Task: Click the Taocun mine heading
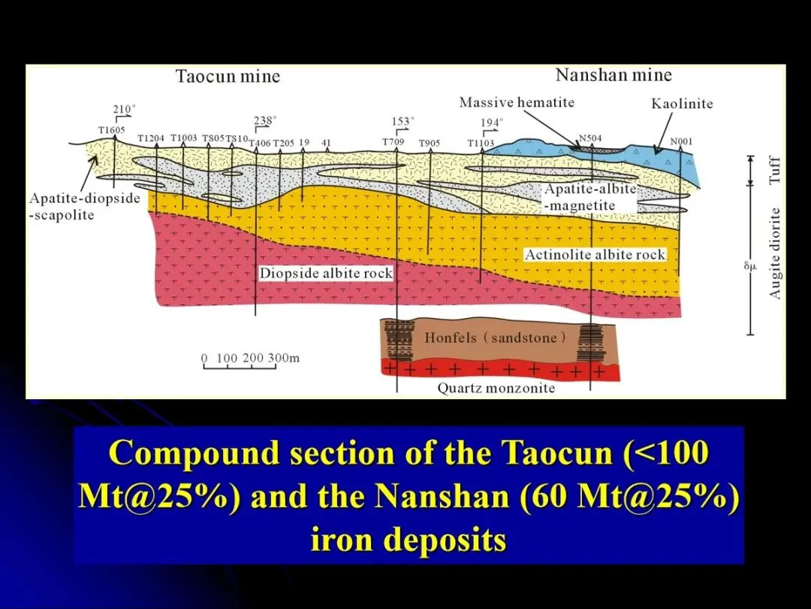pyautogui.click(x=228, y=76)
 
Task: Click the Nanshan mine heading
pyautogui.click(x=614, y=75)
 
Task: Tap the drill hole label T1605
pyautogui.click(x=112, y=130)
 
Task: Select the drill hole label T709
pyautogui.click(x=393, y=142)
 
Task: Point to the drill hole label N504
pyautogui.click(x=590, y=138)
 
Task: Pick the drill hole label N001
pyautogui.click(x=681, y=141)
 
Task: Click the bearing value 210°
pyautogui.click(x=124, y=109)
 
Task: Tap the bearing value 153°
pyautogui.click(x=403, y=121)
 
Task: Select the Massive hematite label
pyautogui.click(x=517, y=102)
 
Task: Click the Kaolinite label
pyautogui.click(x=682, y=104)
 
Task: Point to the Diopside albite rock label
pyautogui.click(x=326, y=274)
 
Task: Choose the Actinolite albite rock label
pyautogui.click(x=595, y=255)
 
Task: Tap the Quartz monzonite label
pyautogui.click(x=496, y=389)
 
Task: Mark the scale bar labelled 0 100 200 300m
pyautogui.click(x=250, y=362)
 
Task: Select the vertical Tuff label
pyautogui.click(x=774, y=170)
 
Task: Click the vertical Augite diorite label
pyautogui.click(x=774, y=253)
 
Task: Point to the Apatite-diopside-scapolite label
pyautogui.click(x=85, y=207)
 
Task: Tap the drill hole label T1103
pyautogui.click(x=481, y=143)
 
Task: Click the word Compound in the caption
pyautogui.click(x=195, y=453)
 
